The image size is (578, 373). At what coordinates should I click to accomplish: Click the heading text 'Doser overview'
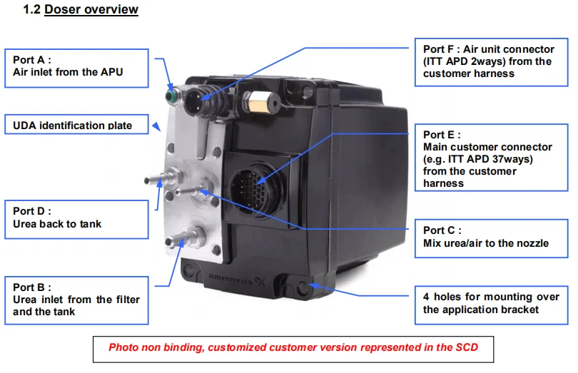pos(91,10)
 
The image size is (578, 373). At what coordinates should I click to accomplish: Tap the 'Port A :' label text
pos(33,59)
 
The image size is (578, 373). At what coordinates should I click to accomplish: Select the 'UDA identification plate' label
pos(73,126)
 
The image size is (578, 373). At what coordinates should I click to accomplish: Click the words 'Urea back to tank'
pos(57,224)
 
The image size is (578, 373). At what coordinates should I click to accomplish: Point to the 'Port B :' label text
pos(33,287)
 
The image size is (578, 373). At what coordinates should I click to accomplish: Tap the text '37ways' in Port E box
pos(512,158)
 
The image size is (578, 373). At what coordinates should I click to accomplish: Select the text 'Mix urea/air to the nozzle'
pos(486,243)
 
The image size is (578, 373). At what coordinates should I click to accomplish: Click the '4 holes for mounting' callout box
pos(489,302)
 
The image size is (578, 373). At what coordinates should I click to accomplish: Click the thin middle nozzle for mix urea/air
pos(196,190)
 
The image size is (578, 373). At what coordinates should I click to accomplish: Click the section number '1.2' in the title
pos(33,10)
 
